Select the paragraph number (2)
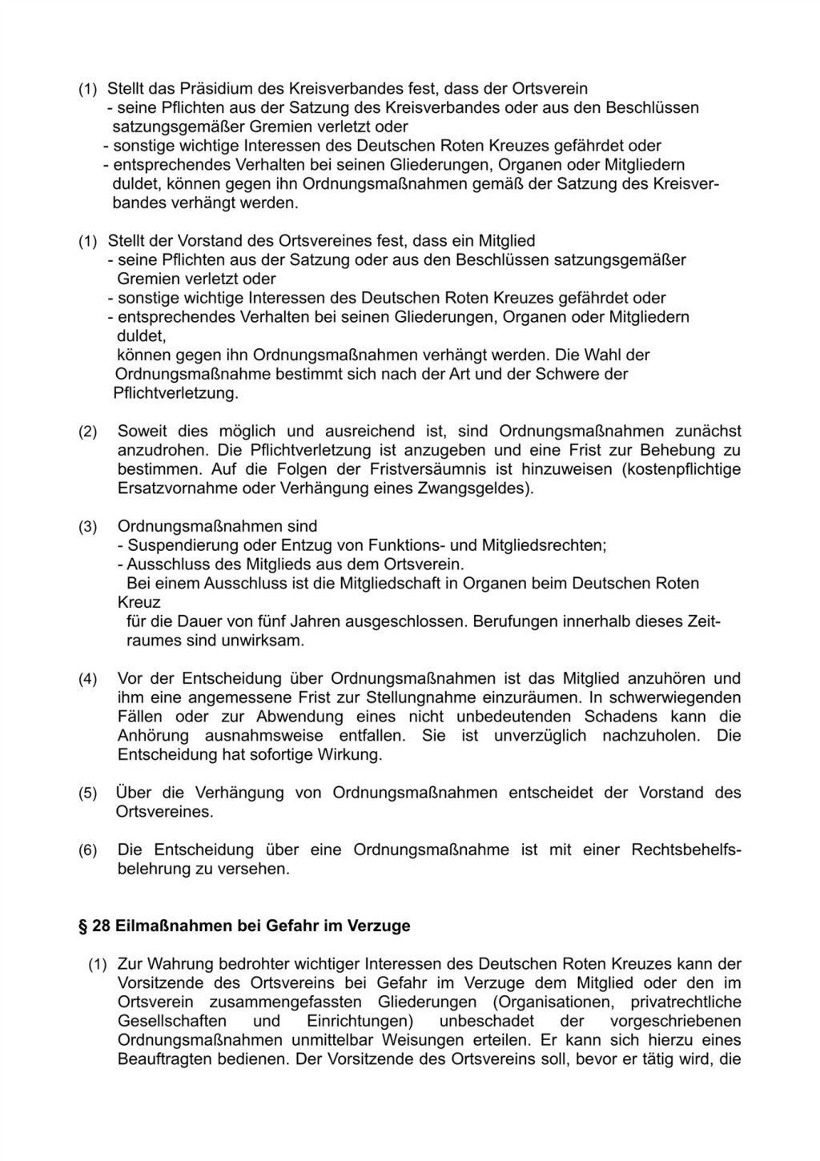coord(87,432)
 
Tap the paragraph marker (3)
coord(87,527)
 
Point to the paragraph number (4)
coord(87,679)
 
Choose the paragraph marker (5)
coord(87,793)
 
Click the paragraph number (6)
coord(87,850)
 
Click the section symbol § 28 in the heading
coord(93,926)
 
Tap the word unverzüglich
coord(540,736)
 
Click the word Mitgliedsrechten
coord(542,546)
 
